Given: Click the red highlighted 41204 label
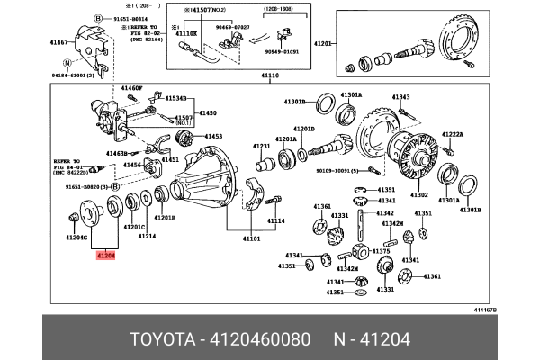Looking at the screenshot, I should point(105,256).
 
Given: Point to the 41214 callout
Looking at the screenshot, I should point(147,237).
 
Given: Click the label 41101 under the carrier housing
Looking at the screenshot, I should point(250,239).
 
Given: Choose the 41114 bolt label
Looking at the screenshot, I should point(274,220).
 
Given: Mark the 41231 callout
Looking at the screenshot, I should point(261,146).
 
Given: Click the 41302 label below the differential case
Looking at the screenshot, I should point(418,194).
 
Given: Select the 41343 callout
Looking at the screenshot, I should point(400,97).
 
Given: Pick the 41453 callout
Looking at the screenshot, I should point(213,136).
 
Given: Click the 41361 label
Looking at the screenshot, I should point(322,206).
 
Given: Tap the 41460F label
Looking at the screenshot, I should point(131,88).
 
